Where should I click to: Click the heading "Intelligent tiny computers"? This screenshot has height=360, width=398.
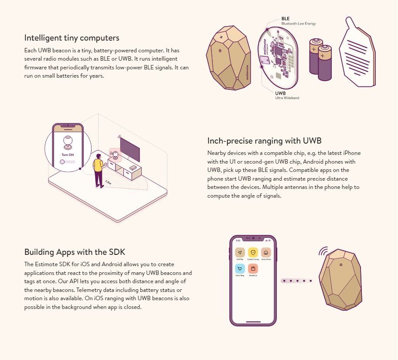tap(71, 38)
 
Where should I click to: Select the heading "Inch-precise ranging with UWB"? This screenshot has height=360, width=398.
tap(264, 141)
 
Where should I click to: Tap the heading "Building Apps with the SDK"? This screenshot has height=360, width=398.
tap(75, 252)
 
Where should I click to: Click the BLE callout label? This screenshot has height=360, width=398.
tap(286, 19)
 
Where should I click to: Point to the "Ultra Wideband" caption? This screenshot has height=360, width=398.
tap(287, 98)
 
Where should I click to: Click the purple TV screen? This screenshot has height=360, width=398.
tap(130, 149)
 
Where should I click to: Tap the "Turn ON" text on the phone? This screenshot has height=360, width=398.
tap(68, 155)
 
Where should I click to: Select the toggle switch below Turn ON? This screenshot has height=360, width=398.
tap(68, 162)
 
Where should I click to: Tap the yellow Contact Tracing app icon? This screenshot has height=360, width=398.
tap(253, 252)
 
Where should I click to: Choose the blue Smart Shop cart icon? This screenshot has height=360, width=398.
tap(240, 268)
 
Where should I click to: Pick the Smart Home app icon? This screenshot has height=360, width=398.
tap(266, 252)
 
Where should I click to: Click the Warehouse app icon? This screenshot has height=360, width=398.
tap(253, 268)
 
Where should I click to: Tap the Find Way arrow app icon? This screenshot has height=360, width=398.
tap(240, 252)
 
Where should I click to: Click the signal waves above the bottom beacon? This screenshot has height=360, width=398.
tap(323, 252)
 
